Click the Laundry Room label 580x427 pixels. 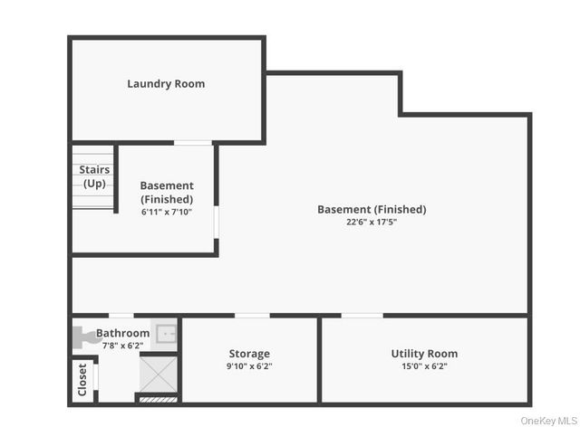(166, 84)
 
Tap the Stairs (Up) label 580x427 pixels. (94, 176)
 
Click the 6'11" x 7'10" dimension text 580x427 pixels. (167, 212)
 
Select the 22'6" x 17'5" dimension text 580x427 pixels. (372, 222)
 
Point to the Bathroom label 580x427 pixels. (123, 333)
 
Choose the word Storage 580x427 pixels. (249, 354)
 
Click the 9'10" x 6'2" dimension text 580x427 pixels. (249, 366)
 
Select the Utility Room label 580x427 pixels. (424, 354)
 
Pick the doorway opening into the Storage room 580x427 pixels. (251, 316)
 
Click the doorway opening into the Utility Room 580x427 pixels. (362, 316)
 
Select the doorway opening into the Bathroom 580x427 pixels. (121, 316)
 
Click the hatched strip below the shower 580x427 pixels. (158, 397)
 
